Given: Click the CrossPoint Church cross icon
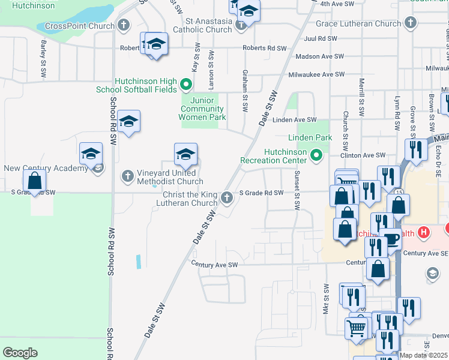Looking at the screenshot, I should tap(124, 26).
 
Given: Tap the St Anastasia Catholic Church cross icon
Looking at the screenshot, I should tap(241, 25).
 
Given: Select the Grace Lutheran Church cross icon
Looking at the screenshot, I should tap(410, 23).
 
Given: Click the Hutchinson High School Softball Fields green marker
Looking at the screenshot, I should tap(186, 85).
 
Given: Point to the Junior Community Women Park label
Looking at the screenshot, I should tap(203, 109).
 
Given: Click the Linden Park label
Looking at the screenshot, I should tap(310, 137).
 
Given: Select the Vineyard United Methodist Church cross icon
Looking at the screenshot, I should tap(127, 176).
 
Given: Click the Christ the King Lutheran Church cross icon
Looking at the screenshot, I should tap(226, 197).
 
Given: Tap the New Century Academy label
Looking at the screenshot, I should tap(46, 169).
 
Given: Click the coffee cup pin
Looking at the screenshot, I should tap(391, 239).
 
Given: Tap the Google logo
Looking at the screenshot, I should tap(20, 353).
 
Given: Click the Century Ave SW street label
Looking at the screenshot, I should tap(215, 264).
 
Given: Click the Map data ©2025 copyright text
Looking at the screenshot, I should tap(424, 355).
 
